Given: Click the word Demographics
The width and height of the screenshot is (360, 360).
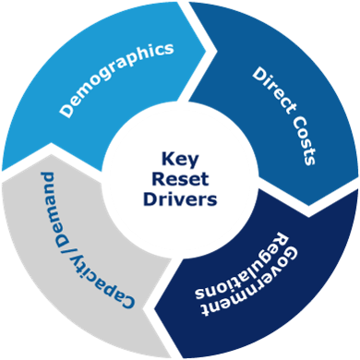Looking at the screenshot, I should tap(116, 78).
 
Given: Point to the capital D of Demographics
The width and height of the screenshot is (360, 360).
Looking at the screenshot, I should tap(67, 111).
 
